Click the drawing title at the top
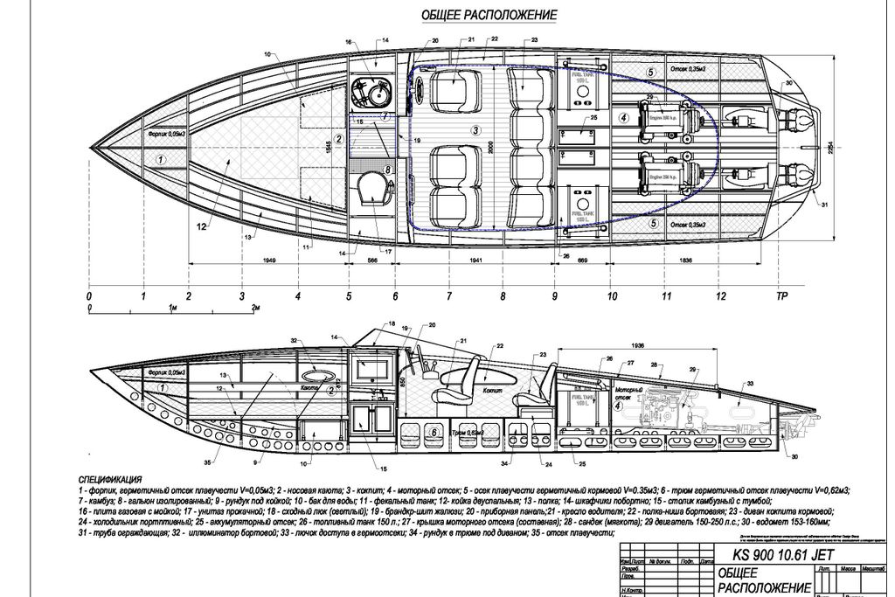[x=489, y=15]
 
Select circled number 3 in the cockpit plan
[x=475, y=129]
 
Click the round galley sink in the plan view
[x=377, y=91]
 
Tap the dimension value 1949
[x=270, y=261]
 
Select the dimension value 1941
[x=475, y=261]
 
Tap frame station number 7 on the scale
[x=449, y=297]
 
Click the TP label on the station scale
[x=781, y=297]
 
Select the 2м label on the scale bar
[x=255, y=309]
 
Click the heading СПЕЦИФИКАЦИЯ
[x=110, y=480]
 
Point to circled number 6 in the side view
[x=435, y=433]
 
